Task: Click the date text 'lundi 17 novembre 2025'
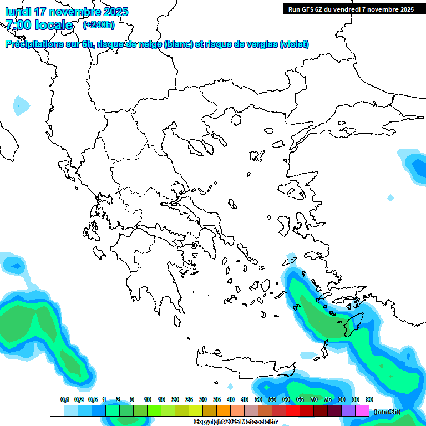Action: (x=67, y=12)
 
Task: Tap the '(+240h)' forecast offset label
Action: (x=99, y=24)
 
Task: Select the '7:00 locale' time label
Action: (x=39, y=25)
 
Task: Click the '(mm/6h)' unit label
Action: (x=387, y=412)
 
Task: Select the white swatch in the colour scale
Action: (x=57, y=411)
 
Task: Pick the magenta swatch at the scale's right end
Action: (x=362, y=411)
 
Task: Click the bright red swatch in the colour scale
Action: (x=293, y=411)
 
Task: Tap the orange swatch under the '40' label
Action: (x=224, y=411)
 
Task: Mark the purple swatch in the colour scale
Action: (x=348, y=411)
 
